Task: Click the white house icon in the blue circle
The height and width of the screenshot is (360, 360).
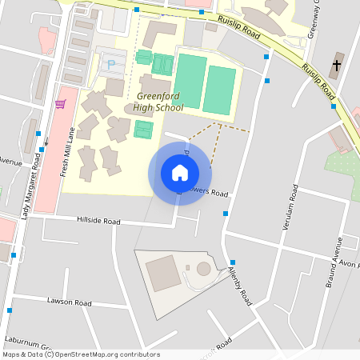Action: pyautogui.click(x=180, y=173)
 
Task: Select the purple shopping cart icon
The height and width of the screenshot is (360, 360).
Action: pyautogui.click(x=60, y=104)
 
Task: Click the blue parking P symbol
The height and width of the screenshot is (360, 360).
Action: pyautogui.click(x=111, y=62)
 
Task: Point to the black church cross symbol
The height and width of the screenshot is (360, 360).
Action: pyautogui.click(x=336, y=64)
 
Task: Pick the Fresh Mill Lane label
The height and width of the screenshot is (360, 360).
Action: pyautogui.click(x=68, y=152)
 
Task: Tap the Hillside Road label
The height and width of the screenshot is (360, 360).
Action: pyautogui.click(x=98, y=221)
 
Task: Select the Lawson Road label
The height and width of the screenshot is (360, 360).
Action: pyautogui.click(x=70, y=303)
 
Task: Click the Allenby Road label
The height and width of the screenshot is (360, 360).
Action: pyautogui.click(x=240, y=286)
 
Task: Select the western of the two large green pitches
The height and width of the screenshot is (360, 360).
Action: pyautogui.click(x=190, y=81)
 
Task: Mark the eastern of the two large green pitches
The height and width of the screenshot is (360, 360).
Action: pyautogui.click(x=219, y=89)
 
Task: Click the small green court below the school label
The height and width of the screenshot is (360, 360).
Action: pyautogui.click(x=143, y=129)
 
